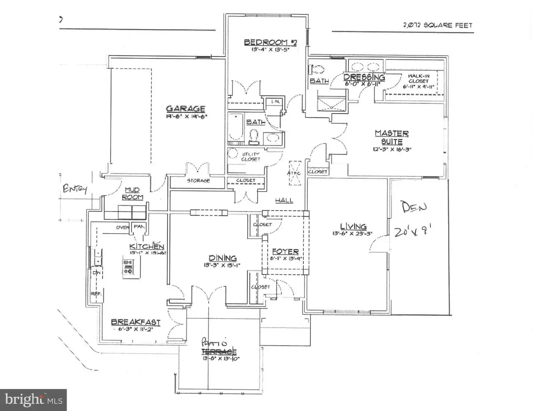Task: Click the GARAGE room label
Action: [x=185, y=109]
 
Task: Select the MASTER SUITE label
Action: [x=391, y=137]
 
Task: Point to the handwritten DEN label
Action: [x=414, y=207]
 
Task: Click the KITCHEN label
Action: [x=147, y=246]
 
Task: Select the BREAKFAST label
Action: [x=135, y=322]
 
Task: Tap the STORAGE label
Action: [x=198, y=181]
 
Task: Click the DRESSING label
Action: [x=364, y=77]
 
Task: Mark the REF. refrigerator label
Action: [x=95, y=293]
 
